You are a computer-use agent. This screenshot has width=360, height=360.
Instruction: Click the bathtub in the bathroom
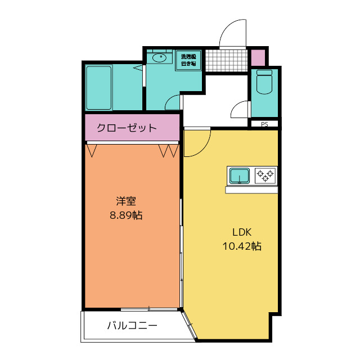pyautogui.click(x=100, y=88)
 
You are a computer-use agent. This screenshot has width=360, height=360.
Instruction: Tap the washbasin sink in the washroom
pyautogui.click(x=159, y=57)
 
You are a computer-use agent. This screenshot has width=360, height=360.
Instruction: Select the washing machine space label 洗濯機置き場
pyautogui.click(x=188, y=60)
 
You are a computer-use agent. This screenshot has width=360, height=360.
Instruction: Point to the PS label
pyautogui.click(x=264, y=124)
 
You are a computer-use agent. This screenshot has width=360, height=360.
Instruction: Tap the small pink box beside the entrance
pyautogui.click(x=258, y=57)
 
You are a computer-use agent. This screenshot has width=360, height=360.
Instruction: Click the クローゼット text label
pyautogui.click(x=127, y=128)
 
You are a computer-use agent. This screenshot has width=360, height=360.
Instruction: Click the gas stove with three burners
pyautogui.click(x=265, y=176)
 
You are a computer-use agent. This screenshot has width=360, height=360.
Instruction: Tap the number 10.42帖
pyautogui.click(x=242, y=246)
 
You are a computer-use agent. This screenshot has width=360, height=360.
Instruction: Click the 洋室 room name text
pyautogui.click(x=126, y=201)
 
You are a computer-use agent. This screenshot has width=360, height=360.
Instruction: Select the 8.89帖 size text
pyautogui.click(x=126, y=215)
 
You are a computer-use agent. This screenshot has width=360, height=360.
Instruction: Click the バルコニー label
pyautogui.click(x=132, y=325)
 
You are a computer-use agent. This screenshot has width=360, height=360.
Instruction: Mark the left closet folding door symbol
pyautogui.click(x=93, y=150)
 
